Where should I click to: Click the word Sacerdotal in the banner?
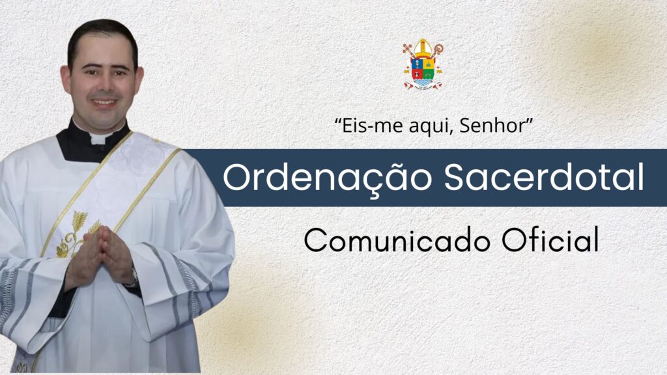coord(544,177)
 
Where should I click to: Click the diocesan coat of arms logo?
coord(423,64)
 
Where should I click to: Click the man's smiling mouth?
coord(104,102)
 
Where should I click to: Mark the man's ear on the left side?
coord(65,79)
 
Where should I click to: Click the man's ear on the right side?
coord(140,79)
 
